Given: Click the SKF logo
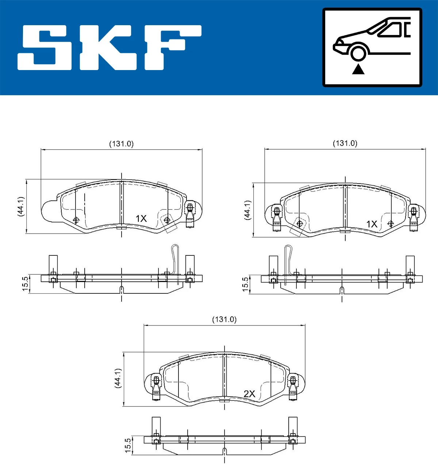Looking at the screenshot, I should [109, 47].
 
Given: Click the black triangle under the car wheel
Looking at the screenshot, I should [358, 69].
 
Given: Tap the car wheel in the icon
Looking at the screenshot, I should [358, 52].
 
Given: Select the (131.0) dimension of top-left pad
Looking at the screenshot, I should [122, 144].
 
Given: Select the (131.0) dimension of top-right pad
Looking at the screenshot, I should [345, 143].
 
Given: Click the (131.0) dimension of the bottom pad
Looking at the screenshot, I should [224, 319].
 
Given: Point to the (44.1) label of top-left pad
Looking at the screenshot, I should [21, 206].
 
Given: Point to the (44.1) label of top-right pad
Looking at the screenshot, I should [247, 210].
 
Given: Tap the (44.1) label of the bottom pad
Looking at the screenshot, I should [118, 378].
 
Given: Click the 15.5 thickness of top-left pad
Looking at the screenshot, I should [25, 284].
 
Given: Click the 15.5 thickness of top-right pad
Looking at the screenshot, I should [245, 284].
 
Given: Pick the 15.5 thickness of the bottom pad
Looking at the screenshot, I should [127, 446].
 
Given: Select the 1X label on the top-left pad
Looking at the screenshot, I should [141, 219].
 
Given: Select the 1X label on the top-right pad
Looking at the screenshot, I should [372, 224].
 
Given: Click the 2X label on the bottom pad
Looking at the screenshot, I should [249, 394].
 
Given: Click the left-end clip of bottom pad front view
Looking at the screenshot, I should [156, 388].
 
